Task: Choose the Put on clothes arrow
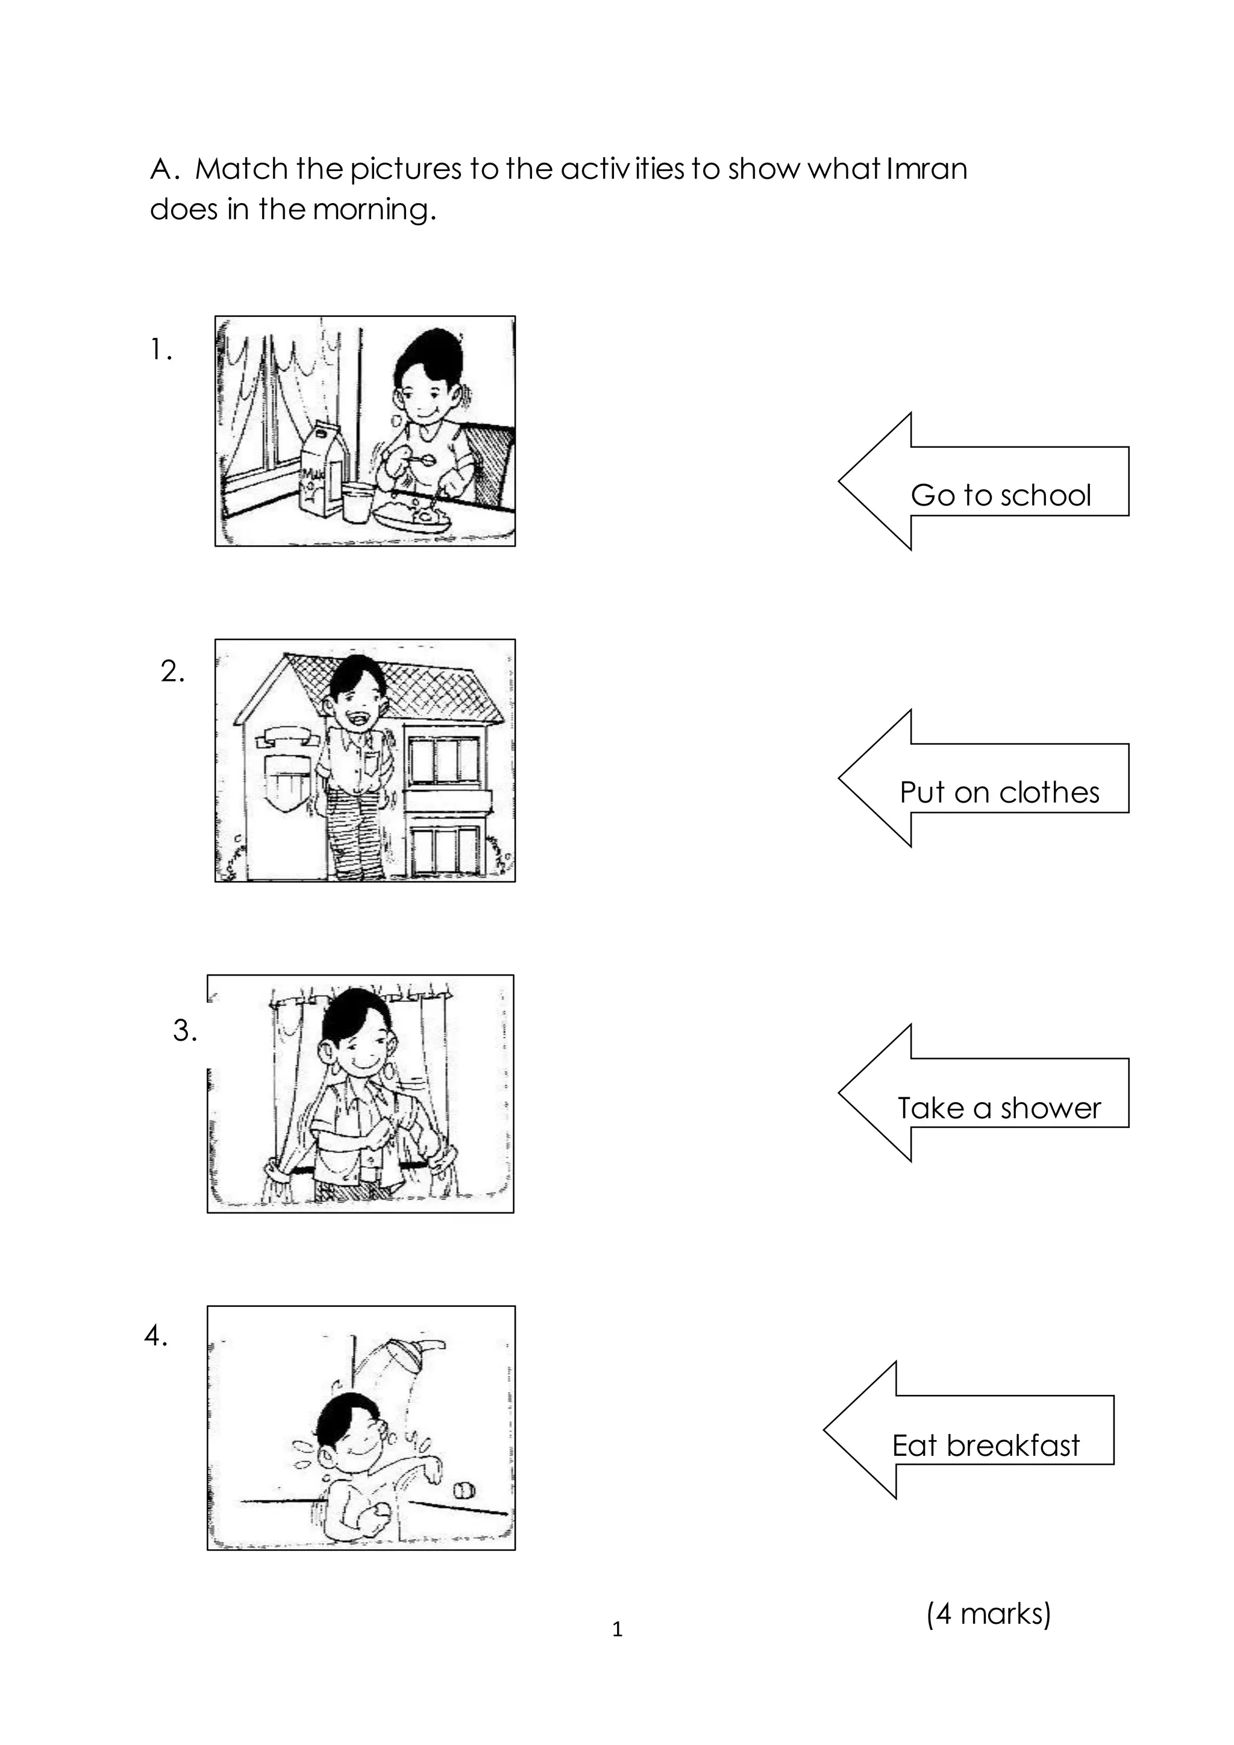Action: (x=988, y=779)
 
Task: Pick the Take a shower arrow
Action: (x=988, y=1094)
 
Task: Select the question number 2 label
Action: (x=172, y=671)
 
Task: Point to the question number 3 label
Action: (x=184, y=1030)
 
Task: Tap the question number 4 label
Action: (x=156, y=1336)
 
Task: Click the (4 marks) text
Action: (x=988, y=1613)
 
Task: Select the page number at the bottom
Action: (x=617, y=1629)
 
